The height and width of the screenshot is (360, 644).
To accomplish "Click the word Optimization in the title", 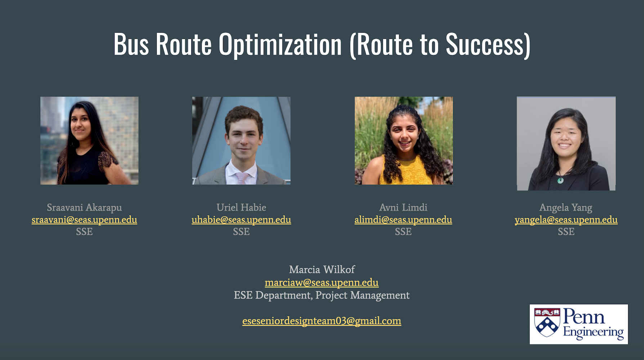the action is pos(280,45).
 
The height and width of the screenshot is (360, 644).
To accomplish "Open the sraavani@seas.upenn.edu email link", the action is pos(84,220).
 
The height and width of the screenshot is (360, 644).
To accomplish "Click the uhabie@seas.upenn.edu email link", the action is pos(241,220).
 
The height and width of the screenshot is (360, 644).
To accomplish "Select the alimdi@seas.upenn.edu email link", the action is pos(403,220).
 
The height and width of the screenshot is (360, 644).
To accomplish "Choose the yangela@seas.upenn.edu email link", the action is pos(566,220).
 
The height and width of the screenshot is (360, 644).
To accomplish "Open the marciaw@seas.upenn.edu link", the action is pos(322,283).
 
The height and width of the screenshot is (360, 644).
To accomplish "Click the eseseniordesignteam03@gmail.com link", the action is pos(322,321).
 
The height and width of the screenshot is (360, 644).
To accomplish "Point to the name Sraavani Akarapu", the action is pos(84,207).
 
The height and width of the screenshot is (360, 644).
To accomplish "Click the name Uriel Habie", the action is pos(241,207).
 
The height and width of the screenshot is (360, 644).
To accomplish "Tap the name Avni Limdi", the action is pos(403,207).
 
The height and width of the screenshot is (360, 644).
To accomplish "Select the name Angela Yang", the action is pos(566,208).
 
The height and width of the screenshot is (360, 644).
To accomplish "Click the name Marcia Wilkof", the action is pos(322,269).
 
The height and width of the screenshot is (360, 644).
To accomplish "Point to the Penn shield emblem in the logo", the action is pos(547,322).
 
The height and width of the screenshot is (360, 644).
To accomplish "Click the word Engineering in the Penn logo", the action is pos(593,332).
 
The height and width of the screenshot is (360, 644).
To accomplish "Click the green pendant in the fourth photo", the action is pos(560,180).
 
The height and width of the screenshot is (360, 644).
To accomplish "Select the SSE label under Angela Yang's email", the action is pos(566,232).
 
